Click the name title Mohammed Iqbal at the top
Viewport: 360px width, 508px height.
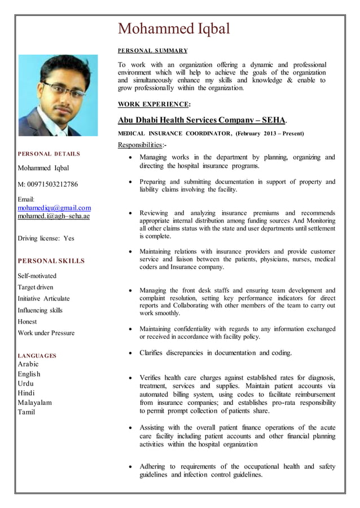[x=174, y=28]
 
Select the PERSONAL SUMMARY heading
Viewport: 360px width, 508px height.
[x=152, y=51]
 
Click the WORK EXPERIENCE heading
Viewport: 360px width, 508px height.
[x=153, y=104]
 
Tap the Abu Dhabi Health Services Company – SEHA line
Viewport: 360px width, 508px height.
[x=201, y=120]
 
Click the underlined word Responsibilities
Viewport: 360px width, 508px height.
[x=139, y=145]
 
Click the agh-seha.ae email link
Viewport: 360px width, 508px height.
[x=54, y=216]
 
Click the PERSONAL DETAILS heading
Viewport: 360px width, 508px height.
[x=49, y=153]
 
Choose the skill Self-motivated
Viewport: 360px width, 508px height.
[x=37, y=276]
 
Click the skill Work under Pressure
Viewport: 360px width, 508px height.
[x=46, y=333]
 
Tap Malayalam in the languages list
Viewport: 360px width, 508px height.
[x=35, y=402]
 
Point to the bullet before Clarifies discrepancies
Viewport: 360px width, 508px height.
[x=130, y=354]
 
